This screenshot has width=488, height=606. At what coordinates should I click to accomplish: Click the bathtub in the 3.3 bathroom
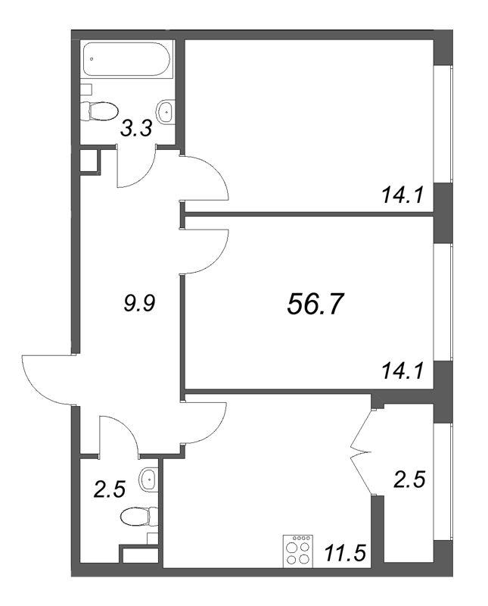coord(126,59)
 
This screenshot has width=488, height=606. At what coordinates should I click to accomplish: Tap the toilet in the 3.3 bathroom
coord(99,111)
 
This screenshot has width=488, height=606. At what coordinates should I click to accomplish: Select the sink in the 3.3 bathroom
coord(165,111)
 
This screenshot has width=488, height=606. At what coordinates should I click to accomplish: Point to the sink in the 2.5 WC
coord(148,479)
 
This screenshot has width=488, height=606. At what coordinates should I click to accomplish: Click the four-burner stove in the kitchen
coord(297,551)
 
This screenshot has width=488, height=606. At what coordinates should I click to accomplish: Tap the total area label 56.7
coord(315,304)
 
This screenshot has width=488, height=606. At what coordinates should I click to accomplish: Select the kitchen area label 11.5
coord(345,554)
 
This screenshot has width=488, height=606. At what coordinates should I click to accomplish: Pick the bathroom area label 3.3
coord(136,128)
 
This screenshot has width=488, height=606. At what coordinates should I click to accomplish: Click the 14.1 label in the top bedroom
coord(403,195)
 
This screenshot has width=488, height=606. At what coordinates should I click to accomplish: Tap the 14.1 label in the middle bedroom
coord(403,371)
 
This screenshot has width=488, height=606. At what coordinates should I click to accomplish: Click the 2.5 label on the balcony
coord(409,479)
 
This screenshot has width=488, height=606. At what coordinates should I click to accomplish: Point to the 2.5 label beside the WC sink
coord(110,490)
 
